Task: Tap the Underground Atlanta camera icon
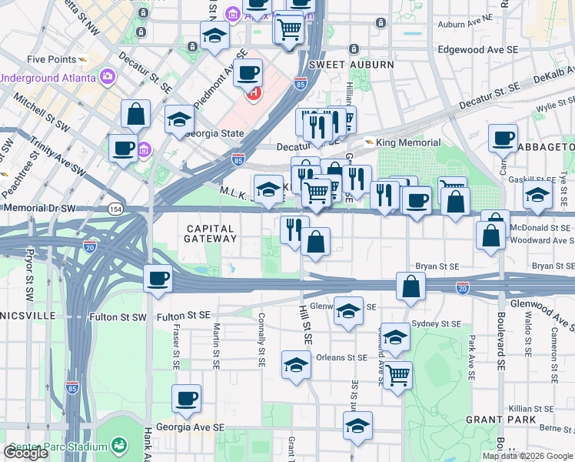click(x=106, y=77)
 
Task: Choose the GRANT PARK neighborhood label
click(x=495, y=420)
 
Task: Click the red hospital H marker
click(x=253, y=94)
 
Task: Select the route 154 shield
click(x=115, y=209)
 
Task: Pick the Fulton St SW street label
click(x=183, y=316)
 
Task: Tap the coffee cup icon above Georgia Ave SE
click(x=186, y=400)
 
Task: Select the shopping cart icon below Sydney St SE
click(x=397, y=377)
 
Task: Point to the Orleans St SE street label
click(x=342, y=357)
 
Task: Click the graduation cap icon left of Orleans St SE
click(x=296, y=367)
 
